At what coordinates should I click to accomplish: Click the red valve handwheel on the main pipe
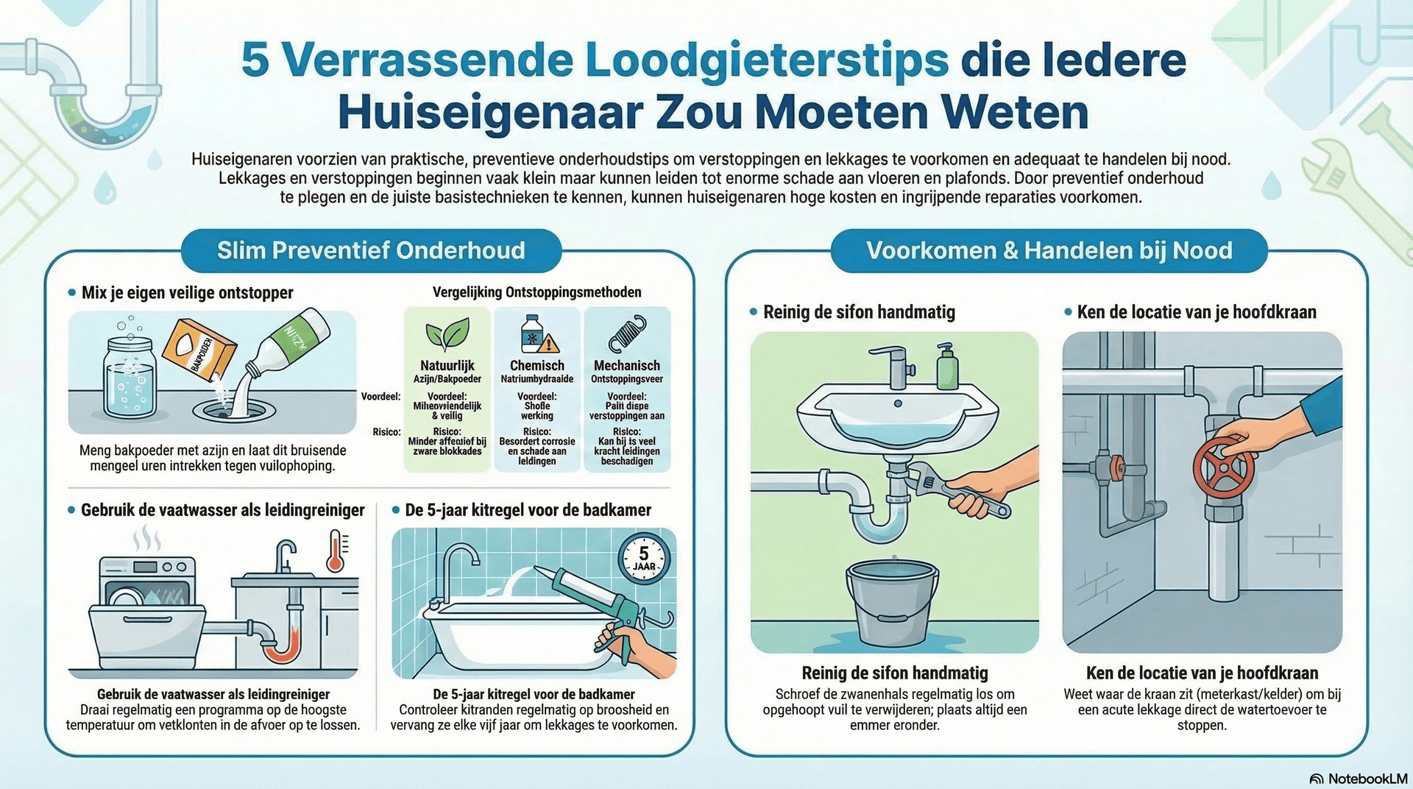(x=1224, y=469)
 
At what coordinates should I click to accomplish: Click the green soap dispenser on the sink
(x=947, y=367)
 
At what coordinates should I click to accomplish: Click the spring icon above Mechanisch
(x=627, y=333)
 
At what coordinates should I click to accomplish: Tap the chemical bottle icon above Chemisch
(x=536, y=335)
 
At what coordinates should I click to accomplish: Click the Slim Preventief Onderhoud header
(x=371, y=250)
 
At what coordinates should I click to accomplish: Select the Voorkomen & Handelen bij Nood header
(x=1049, y=250)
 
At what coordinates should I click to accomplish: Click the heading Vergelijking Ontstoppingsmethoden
(x=536, y=292)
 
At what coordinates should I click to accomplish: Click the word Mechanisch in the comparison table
(x=626, y=365)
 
